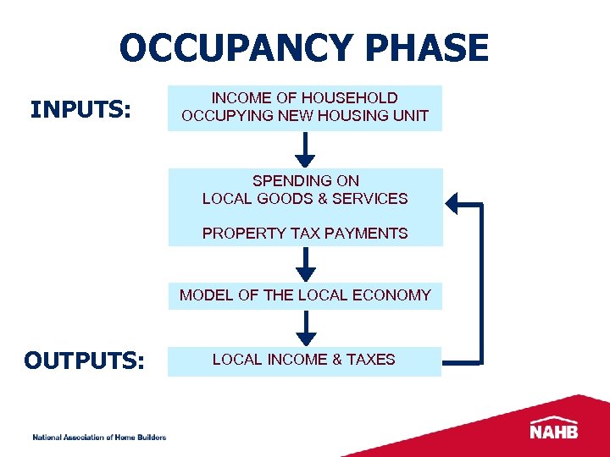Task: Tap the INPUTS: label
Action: pos(80,110)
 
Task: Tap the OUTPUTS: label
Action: pos(85,361)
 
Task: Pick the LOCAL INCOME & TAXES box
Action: pos(304,360)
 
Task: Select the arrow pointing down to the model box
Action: pos(306,266)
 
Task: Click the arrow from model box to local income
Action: pos(306,329)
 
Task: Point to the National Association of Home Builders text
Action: pos(99,437)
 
